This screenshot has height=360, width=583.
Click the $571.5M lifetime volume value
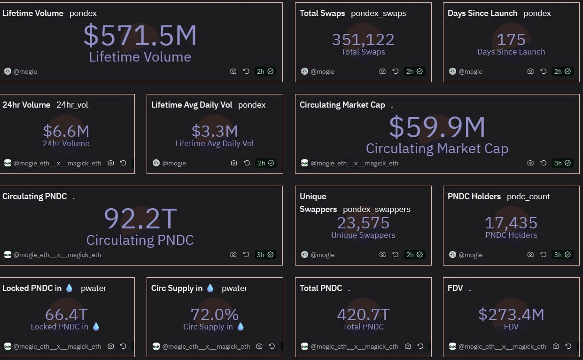140,36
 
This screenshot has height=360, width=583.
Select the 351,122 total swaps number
363,39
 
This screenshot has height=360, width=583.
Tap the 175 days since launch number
511,39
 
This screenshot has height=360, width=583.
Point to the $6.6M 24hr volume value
66,131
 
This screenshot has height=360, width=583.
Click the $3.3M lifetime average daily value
215,131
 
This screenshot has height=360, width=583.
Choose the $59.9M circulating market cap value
437,127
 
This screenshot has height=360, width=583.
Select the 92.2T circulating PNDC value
140,219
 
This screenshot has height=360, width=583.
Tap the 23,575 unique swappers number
363,223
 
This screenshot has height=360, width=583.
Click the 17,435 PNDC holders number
511,223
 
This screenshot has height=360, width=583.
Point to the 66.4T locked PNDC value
66,314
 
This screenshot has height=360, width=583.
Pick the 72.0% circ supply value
215,314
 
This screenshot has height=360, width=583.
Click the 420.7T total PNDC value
363,314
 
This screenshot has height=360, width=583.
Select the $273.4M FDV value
511,314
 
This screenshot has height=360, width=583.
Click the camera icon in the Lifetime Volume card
233,71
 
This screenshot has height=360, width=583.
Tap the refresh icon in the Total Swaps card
395,71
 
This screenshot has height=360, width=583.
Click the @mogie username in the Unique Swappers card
323,255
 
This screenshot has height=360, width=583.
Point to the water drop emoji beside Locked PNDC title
69,288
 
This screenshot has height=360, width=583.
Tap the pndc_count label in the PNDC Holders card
528,196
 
